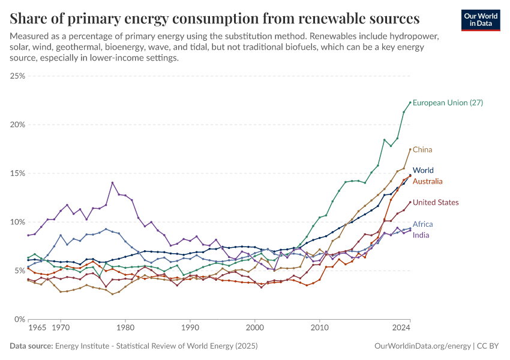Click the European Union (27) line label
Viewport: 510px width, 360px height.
[x=448, y=103]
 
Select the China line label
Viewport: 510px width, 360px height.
[x=422, y=149]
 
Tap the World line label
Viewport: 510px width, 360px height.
[x=423, y=170]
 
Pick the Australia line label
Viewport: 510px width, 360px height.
[x=428, y=181]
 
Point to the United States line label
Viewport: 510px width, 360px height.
[x=436, y=203]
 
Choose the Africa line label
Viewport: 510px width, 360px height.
[x=422, y=224]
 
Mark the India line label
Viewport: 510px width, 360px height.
[x=421, y=235]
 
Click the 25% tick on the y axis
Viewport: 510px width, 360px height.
[x=17, y=76]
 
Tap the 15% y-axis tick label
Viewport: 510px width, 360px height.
[x=17, y=173]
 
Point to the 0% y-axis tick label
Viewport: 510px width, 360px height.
[x=19, y=319]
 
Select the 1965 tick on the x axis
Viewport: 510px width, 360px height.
[x=38, y=329]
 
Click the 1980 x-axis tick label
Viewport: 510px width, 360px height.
[x=125, y=329]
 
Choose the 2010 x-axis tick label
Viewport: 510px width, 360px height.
[x=320, y=329]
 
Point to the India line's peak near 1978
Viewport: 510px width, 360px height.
[x=112, y=182]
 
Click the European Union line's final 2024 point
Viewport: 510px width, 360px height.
[x=410, y=103]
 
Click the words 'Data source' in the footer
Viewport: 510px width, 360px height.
[x=31, y=346]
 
